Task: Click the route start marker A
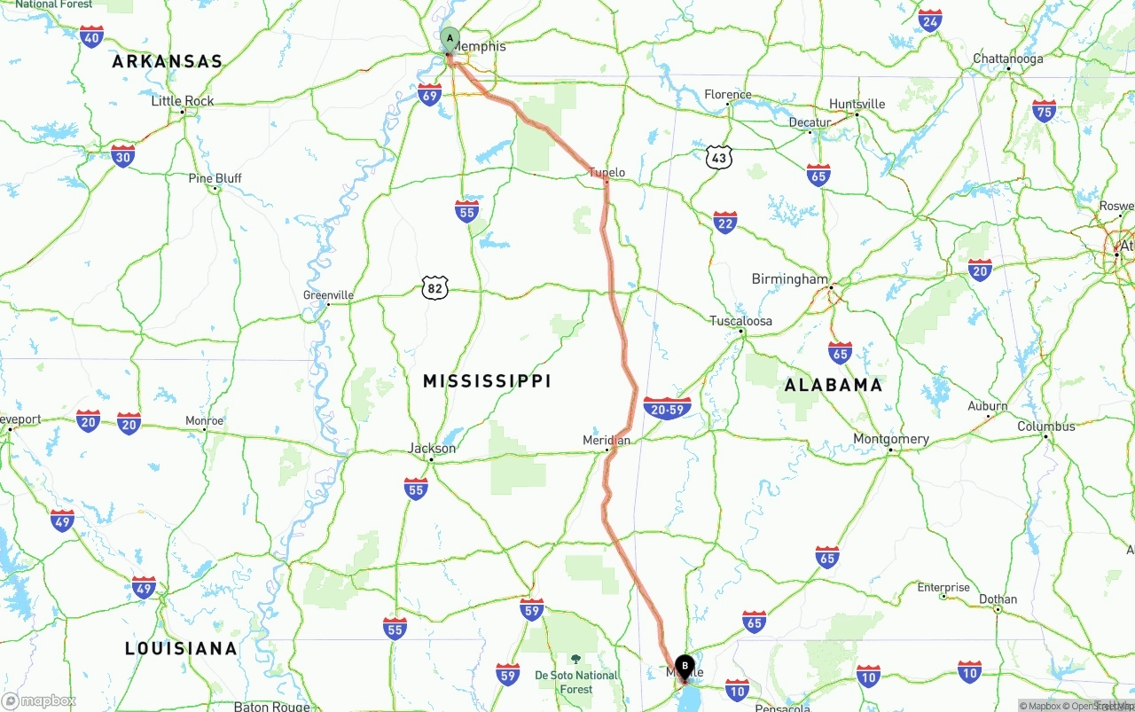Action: click(450, 39)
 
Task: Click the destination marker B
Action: click(685, 666)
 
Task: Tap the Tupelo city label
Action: click(607, 173)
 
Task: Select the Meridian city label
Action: click(607, 440)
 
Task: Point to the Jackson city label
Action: click(432, 449)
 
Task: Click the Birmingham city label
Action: click(789, 279)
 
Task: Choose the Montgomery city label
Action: click(891, 439)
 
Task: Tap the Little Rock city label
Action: click(183, 101)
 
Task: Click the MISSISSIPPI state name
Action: click(487, 381)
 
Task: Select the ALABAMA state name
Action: click(834, 385)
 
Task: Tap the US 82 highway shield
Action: click(434, 287)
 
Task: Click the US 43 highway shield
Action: click(719, 158)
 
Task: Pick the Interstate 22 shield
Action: click(725, 223)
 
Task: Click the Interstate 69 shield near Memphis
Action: click(430, 95)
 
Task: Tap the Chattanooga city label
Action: click(1008, 59)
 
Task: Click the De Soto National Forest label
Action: click(576, 682)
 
